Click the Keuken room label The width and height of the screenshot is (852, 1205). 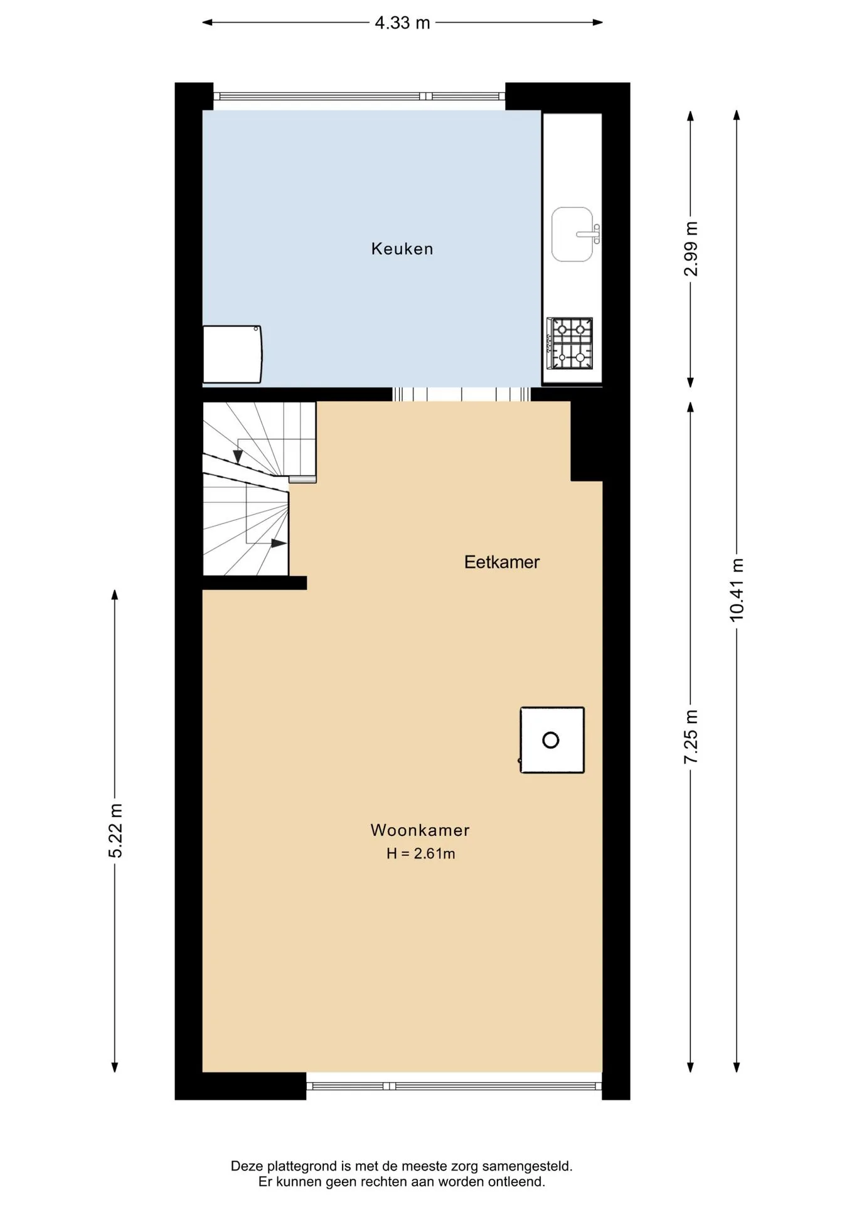coord(402,249)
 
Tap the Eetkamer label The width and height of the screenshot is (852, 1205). coord(502,562)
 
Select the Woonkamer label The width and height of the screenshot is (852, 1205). coord(420,830)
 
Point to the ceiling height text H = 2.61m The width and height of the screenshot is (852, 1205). coord(420,854)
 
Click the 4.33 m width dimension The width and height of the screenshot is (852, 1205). coord(402,23)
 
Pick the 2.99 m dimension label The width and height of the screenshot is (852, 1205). coord(691,249)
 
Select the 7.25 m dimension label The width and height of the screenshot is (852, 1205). coord(691,737)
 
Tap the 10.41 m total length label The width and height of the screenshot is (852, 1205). coord(737,590)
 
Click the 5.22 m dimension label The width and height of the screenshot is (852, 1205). coord(115,830)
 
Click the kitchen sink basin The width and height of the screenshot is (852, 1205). coord(572,234)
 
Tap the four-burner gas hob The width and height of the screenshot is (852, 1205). coord(570,343)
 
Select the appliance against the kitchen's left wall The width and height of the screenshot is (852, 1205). coord(232,355)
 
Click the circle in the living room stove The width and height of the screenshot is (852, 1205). coord(551,741)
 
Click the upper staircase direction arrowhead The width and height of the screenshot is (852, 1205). coord(238,456)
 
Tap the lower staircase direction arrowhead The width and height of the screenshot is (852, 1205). coord(279,543)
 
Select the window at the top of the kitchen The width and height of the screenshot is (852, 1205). coord(359,97)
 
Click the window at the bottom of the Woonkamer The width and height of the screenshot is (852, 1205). coord(454,1086)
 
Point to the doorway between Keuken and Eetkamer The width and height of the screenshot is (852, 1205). coord(461,394)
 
